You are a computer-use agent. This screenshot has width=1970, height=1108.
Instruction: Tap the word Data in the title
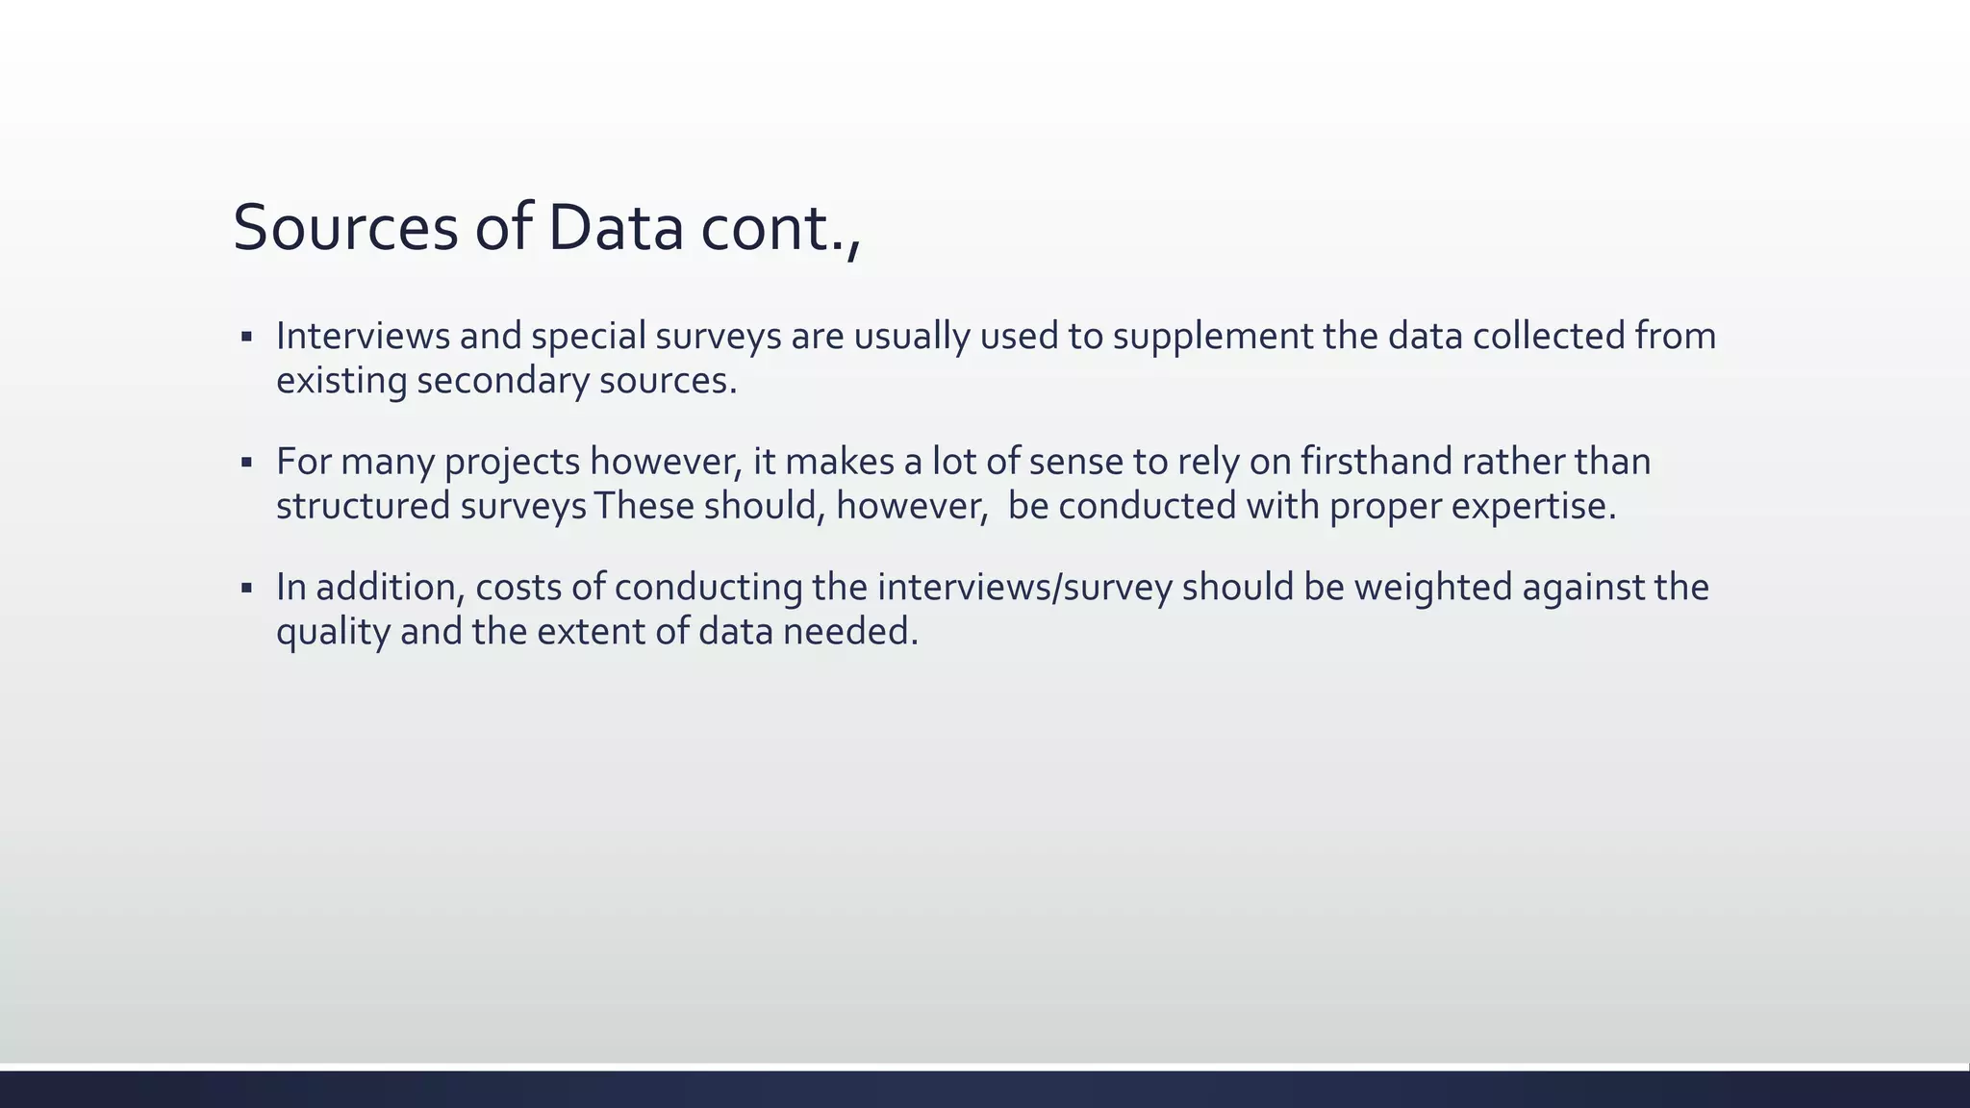(616, 229)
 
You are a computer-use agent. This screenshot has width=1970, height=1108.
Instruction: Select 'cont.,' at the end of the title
(780, 229)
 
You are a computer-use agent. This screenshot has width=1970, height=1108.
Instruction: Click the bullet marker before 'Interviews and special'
(246, 338)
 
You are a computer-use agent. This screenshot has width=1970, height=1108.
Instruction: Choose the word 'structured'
(363, 506)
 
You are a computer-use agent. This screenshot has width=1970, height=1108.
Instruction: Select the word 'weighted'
(1433, 588)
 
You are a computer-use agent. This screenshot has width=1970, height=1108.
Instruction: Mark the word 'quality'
(333, 633)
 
